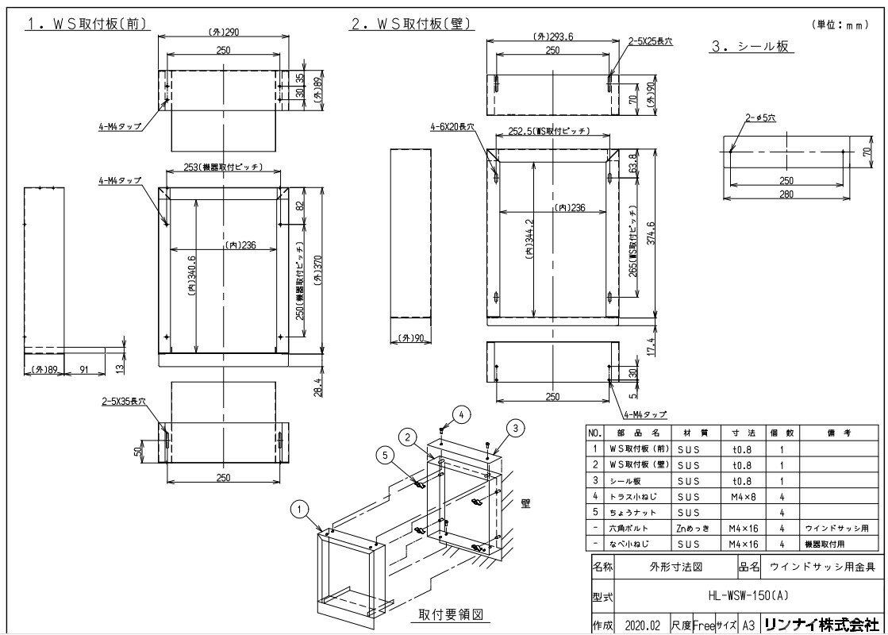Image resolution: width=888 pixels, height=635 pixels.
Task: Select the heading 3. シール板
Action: click(x=750, y=47)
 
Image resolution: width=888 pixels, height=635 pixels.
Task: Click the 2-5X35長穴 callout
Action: click(x=125, y=402)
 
